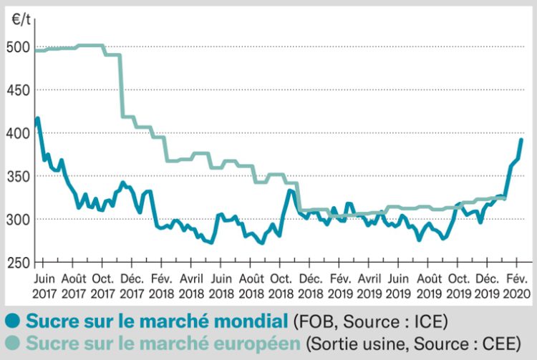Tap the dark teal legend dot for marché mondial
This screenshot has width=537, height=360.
click(11, 319)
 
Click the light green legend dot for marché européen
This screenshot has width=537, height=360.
click(11, 344)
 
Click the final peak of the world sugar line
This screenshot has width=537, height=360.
click(521, 140)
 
